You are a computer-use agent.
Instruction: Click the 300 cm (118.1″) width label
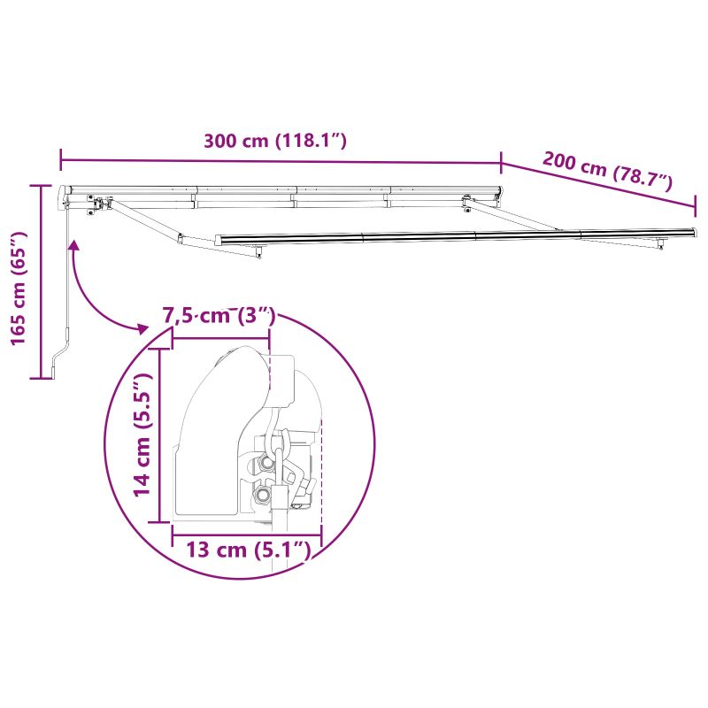click(274, 142)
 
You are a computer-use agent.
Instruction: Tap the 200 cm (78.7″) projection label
click(608, 172)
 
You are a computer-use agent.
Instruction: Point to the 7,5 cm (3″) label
click(220, 316)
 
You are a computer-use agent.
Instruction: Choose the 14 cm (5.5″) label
click(142, 435)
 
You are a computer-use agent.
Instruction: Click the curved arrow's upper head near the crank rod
click(74, 245)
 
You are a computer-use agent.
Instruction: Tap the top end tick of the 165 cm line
click(42, 185)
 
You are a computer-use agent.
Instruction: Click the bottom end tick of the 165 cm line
click(42, 378)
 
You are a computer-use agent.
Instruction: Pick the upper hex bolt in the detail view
click(265, 463)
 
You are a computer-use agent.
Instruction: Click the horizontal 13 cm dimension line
click(247, 535)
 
